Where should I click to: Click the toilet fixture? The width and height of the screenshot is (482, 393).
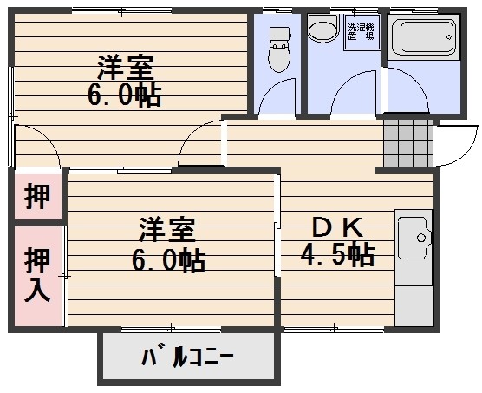(x=279, y=49)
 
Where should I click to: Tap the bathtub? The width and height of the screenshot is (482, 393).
(x=424, y=37)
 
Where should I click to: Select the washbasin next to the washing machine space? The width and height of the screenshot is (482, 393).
(x=323, y=28)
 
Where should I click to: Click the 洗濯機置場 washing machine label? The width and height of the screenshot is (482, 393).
(x=361, y=31)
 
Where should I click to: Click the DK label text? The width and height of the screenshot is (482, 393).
(x=337, y=227)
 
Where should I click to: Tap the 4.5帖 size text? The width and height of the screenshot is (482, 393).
(x=337, y=254)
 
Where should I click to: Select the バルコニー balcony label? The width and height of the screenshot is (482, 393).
(x=187, y=357)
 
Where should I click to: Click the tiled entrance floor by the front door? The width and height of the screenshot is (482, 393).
(x=408, y=142)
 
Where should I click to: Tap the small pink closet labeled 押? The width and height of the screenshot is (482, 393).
(x=37, y=196)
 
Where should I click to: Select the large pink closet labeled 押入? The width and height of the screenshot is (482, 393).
(x=38, y=276)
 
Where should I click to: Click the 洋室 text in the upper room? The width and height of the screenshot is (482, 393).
(x=125, y=68)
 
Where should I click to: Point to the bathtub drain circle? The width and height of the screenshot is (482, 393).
(x=449, y=37)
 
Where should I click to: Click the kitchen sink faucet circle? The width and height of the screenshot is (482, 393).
(x=421, y=238)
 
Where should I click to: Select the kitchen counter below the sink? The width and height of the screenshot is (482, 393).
(x=414, y=305)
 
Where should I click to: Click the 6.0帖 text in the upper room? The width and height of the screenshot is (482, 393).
(x=125, y=95)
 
